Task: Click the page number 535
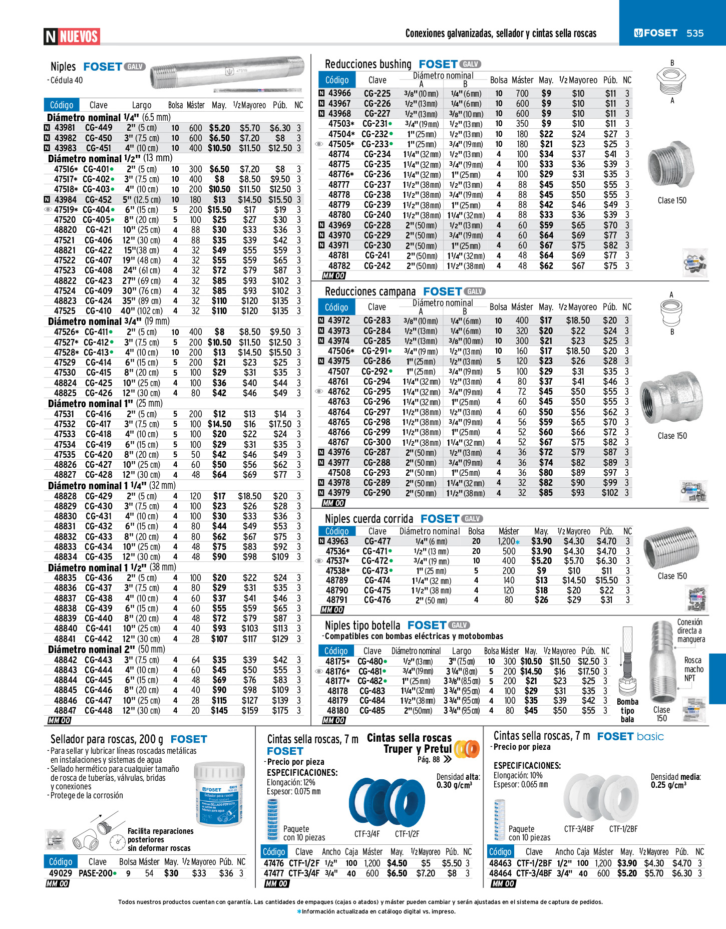695,33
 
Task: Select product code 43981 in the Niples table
65,128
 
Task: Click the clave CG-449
99,128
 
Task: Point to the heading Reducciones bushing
368,64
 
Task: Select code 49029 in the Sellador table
61,873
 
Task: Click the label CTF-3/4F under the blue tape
367,834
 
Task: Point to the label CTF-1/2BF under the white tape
623,829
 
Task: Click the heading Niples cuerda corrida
369,519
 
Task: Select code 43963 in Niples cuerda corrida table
337,541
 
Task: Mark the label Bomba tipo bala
627,710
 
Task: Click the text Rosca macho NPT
693,669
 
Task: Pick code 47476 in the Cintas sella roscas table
274,863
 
